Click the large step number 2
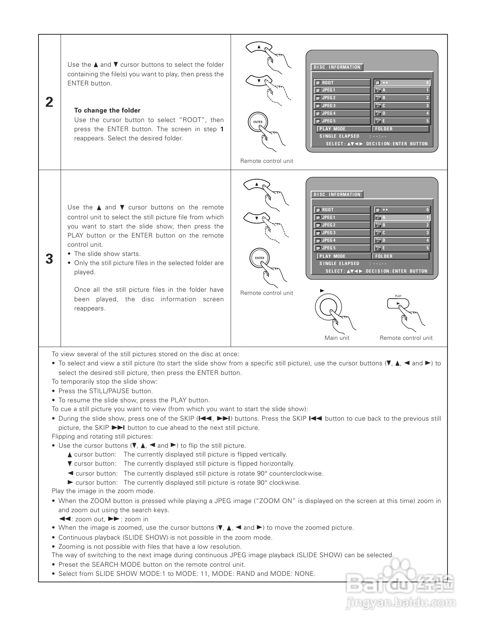(x=50, y=102)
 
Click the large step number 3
(x=50, y=259)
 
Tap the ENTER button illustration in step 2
(x=257, y=122)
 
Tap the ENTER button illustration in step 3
(x=259, y=258)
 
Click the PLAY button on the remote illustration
(x=398, y=304)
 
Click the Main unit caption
(x=337, y=338)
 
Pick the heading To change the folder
(x=107, y=111)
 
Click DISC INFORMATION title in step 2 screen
(x=337, y=67)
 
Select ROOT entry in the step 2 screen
(x=342, y=83)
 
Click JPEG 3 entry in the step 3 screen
(x=342, y=233)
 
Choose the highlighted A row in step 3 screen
(x=402, y=217)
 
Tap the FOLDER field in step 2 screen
(x=400, y=129)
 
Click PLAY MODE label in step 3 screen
(x=332, y=256)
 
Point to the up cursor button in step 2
(x=259, y=47)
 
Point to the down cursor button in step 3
(x=257, y=218)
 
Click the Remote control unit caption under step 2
(x=266, y=161)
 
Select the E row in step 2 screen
(x=402, y=121)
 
